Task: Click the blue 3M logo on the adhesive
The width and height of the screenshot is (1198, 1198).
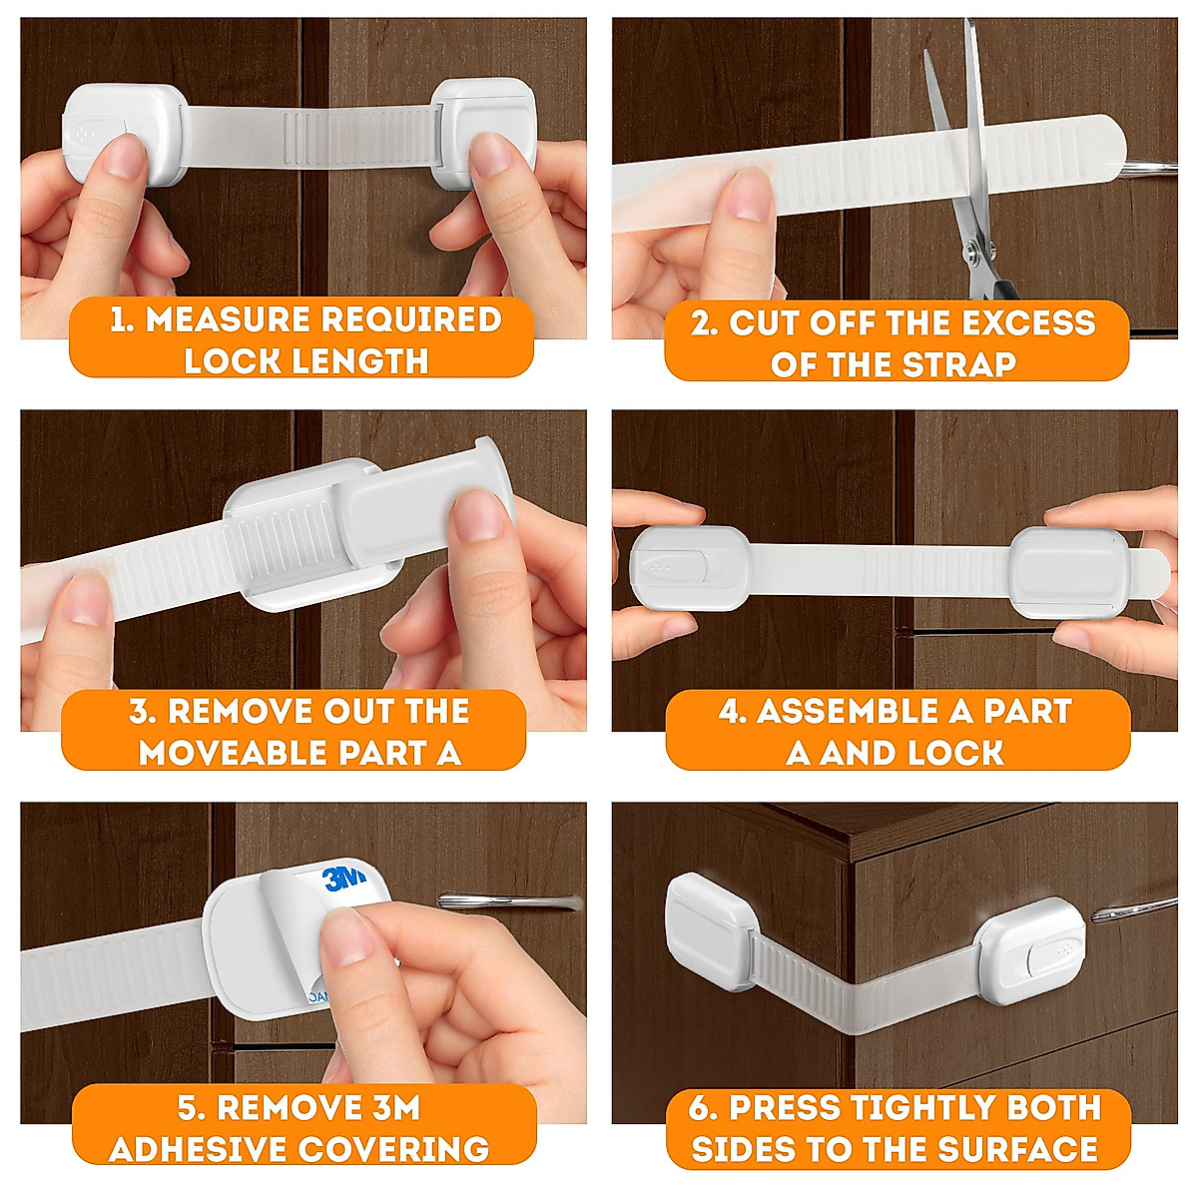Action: point(345,879)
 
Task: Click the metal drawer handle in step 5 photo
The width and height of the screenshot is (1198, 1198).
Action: point(509,901)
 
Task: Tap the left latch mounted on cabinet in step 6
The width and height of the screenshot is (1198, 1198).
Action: point(711,928)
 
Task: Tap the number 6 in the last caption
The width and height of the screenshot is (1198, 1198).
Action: point(701,1108)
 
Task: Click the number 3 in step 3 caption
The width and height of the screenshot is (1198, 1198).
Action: point(139,712)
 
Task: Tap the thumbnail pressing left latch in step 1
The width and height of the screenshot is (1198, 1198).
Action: point(126,158)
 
